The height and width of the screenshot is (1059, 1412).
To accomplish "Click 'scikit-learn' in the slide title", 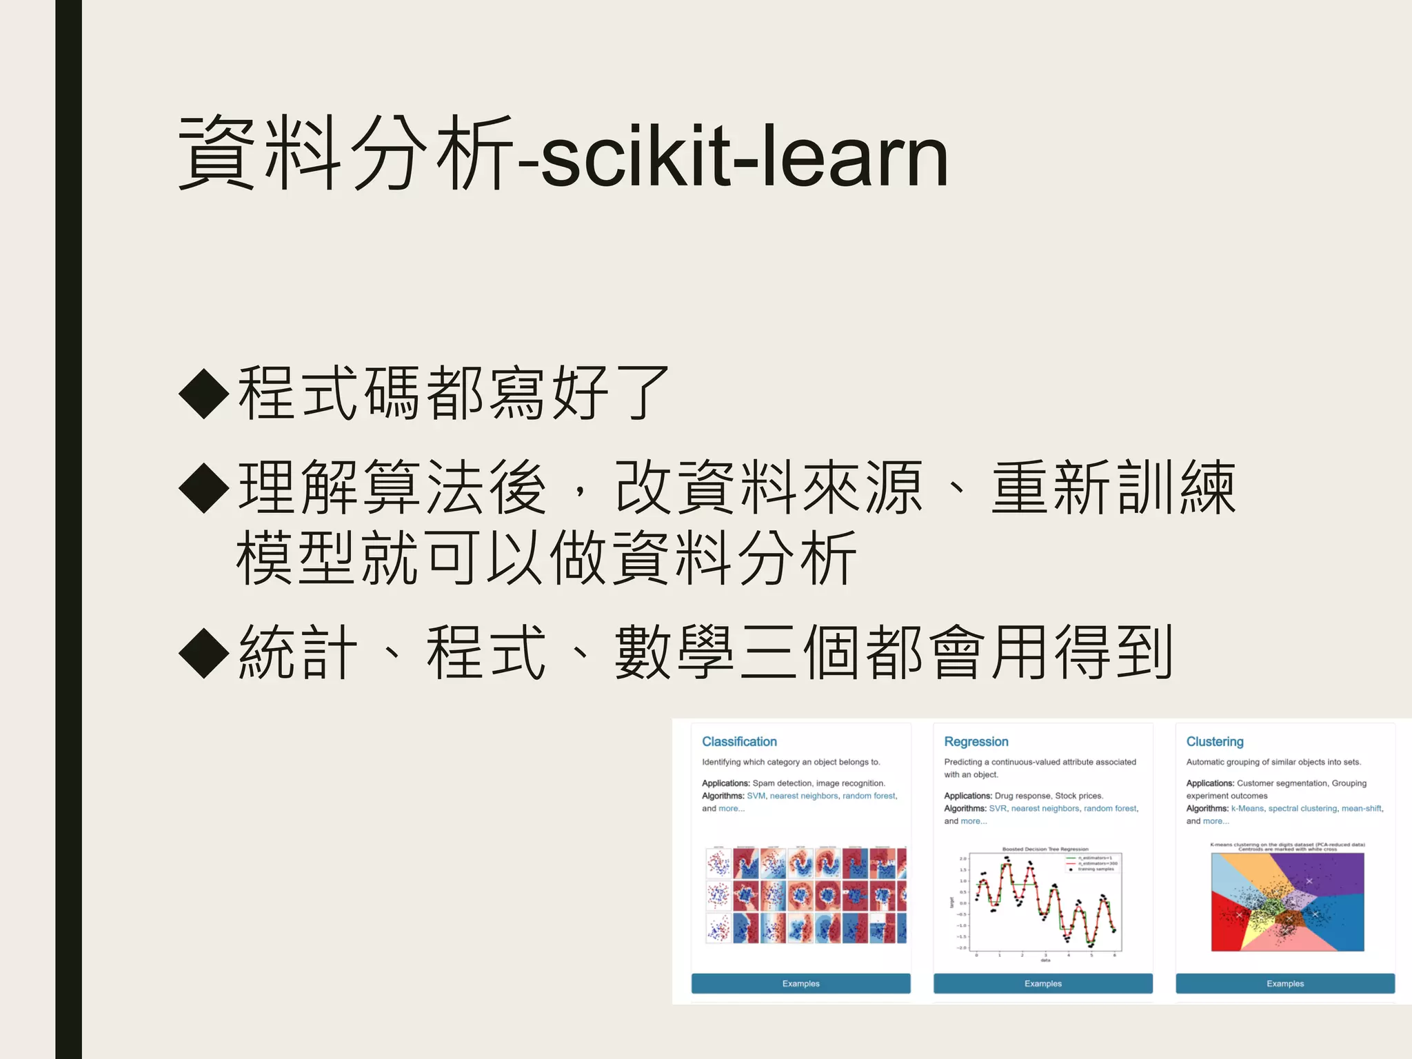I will (x=745, y=157).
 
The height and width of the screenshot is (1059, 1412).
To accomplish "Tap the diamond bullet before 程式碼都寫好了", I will (x=204, y=394).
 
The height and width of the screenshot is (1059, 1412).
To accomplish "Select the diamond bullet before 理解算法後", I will (x=204, y=488).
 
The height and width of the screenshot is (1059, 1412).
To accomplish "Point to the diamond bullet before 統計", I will (x=204, y=653).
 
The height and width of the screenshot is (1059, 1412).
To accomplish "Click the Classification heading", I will (x=739, y=742).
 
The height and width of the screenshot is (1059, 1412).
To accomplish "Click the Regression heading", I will (x=976, y=742).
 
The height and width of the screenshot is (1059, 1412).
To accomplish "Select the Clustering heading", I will (x=1215, y=742).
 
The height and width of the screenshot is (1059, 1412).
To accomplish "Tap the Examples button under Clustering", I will (x=1285, y=984).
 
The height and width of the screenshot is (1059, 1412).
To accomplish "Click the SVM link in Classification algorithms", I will (x=756, y=796).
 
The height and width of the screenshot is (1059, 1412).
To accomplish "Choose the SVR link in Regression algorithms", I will (x=998, y=809).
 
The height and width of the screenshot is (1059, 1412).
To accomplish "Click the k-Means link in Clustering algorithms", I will (x=1247, y=809).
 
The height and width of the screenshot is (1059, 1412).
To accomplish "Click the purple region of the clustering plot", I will (x=1334, y=873).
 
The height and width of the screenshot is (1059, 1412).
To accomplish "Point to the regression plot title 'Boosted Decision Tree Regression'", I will (x=1045, y=849).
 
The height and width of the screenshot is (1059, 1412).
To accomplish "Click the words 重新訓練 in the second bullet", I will (x=1113, y=488).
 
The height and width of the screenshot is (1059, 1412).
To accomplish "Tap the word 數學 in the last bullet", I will (x=674, y=653).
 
